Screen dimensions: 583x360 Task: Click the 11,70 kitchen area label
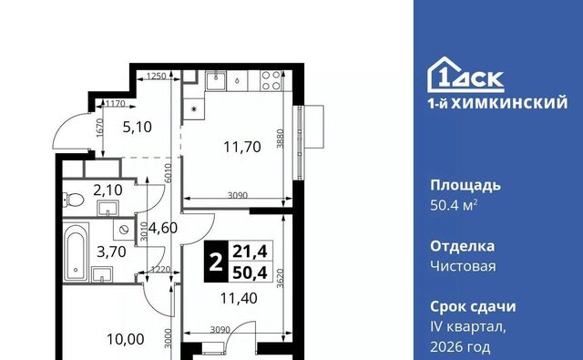point(242,147)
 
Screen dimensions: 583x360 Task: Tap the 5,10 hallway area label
point(138,128)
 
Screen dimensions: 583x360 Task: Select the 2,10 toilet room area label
point(107,190)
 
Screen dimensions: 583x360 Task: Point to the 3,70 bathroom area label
point(111,252)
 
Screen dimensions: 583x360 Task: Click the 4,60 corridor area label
point(163,228)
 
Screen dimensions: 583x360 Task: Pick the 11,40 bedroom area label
point(239,298)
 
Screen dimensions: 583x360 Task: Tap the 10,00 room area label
point(126,339)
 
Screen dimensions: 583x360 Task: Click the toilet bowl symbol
point(73,200)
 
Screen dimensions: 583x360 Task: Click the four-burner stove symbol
point(271,81)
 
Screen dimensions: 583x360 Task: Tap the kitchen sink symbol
point(216,81)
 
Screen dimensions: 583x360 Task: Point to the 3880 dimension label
point(281,139)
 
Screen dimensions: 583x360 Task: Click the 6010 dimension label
point(168,173)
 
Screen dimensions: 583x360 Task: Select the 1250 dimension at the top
point(156,77)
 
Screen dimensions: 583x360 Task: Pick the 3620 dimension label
point(281,279)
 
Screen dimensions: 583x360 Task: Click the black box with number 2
point(216,262)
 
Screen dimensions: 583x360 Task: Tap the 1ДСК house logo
point(465,75)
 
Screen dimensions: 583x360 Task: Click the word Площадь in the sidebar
point(465,186)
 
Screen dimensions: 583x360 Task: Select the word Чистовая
point(463,266)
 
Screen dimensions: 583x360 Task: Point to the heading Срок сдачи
point(473,307)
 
